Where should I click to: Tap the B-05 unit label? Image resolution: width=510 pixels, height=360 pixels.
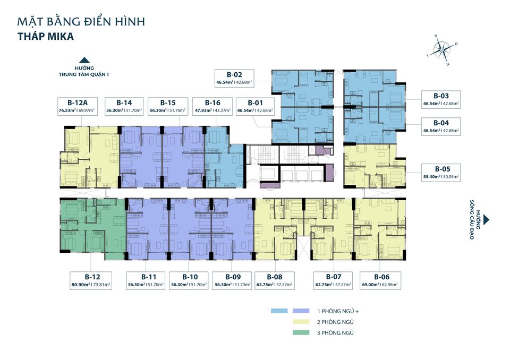[x=441, y=169]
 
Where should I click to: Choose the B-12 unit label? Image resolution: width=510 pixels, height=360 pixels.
[x=91, y=277]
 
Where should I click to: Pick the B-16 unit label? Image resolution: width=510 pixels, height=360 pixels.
[x=212, y=102]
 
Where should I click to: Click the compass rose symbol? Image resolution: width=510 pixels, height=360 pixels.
[x=441, y=50]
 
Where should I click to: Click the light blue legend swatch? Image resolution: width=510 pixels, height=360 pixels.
[x=279, y=311]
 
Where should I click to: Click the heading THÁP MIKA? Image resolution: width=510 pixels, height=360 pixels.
[x=45, y=38]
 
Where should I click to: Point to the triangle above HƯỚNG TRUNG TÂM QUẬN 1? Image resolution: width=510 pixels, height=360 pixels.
[x=83, y=61]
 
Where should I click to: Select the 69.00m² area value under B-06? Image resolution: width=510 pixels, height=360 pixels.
[x=370, y=285]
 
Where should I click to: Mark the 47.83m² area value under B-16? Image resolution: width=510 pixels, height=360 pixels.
[x=202, y=110]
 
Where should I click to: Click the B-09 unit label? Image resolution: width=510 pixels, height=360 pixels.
[x=233, y=277]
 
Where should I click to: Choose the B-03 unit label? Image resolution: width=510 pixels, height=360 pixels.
[x=441, y=96]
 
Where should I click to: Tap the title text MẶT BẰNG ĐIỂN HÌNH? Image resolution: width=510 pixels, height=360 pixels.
[x=81, y=22]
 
